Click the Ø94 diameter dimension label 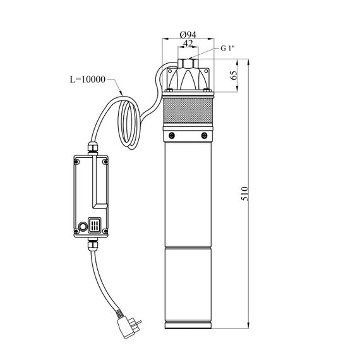tap(188, 35)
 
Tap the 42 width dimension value tap(188, 43)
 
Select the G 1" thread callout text tap(227, 48)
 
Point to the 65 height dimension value tap(234, 75)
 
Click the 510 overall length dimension tap(245, 193)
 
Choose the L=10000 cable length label tap(88, 80)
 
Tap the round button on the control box tap(83, 226)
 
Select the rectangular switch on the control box tap(95, 225)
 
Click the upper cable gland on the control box tap(93, 148)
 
